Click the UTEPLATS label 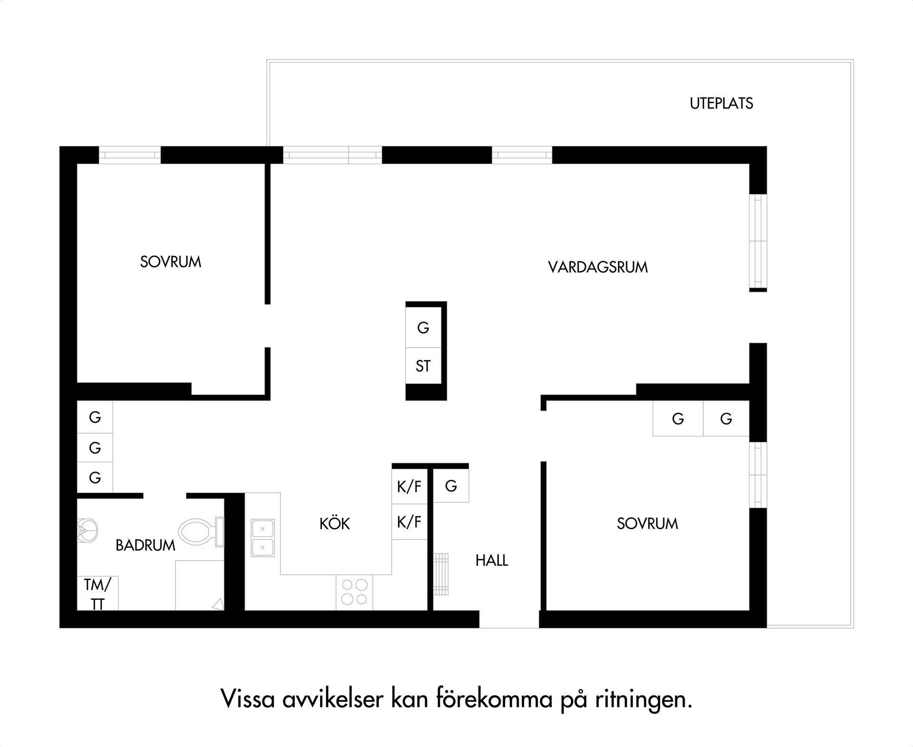[x=721, y=103]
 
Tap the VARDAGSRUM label [x=598, y=267]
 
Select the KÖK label [x=334, y=524]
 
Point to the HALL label [x=492, y=560]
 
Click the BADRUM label [x=146, y=545]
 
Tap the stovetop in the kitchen [x=354, y=592]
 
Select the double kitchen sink [x=262, y=538]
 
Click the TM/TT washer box [x=97, y=593]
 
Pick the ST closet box [x=423, y=366]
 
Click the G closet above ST [x=423, y=328]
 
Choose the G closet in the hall [x=451, y=485]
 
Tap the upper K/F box [x=409, y=486]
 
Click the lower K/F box [x=409, y=522]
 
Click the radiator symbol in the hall [x=441, y=573]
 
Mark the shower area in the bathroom [x=199, y=585]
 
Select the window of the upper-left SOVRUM [x=129, y=155]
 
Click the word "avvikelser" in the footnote [x=332, y=699]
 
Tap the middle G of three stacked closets [x=95, y=447]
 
